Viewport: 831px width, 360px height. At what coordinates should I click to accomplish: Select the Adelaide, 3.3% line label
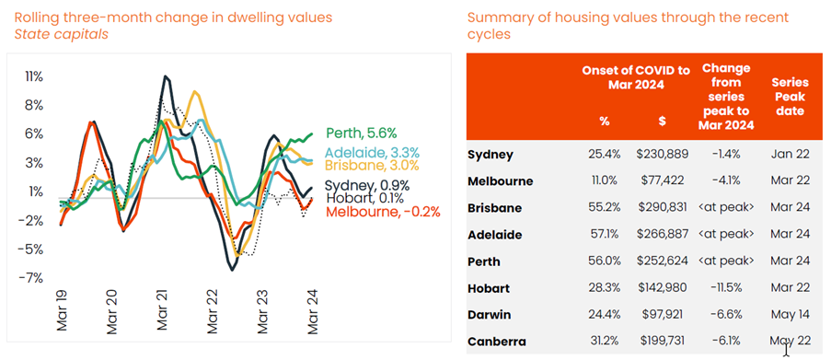(372, 152)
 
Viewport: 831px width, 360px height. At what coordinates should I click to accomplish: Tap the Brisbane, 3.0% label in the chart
(371, 166)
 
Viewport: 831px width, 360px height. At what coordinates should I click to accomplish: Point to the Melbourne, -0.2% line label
(376, 211)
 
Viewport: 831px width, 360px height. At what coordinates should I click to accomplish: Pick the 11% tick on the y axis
(33, 75)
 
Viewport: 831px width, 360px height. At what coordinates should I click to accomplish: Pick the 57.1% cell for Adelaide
(603, 235)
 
